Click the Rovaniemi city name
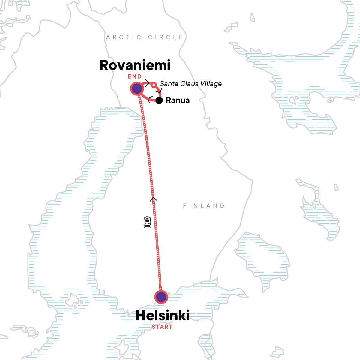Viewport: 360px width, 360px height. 135,65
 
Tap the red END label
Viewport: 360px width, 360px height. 135,76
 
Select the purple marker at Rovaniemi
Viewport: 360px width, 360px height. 137,89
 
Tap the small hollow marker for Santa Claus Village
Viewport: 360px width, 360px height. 154,85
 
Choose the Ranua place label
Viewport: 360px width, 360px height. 178,100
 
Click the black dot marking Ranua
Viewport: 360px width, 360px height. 159,100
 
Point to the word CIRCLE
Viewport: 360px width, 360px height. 166,37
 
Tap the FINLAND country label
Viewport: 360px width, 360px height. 204,206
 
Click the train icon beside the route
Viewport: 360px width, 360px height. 147,222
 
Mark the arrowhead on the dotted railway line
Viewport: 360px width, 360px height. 153,198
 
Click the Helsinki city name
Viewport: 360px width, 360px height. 162,316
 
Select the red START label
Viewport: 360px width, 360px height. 162,327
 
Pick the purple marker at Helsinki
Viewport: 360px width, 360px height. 161,297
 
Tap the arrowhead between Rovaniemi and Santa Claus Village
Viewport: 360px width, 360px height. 147,83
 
